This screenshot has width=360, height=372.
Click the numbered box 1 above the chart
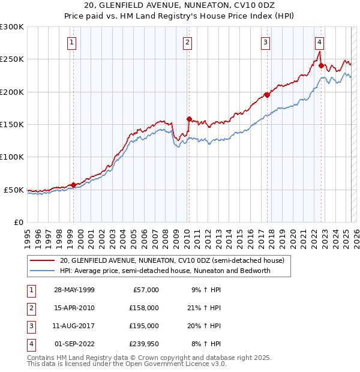coord(71,42)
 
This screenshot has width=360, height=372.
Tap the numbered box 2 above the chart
coord(188,42)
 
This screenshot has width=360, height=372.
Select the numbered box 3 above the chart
coord(265,42)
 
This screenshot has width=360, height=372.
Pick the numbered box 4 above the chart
coord(320,42)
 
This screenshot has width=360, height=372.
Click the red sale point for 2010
coord(189,119)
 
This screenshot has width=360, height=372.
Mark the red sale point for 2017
coord(267,95)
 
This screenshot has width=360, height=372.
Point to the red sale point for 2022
coord(322,65)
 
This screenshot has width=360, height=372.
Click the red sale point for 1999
coord(74,185)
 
